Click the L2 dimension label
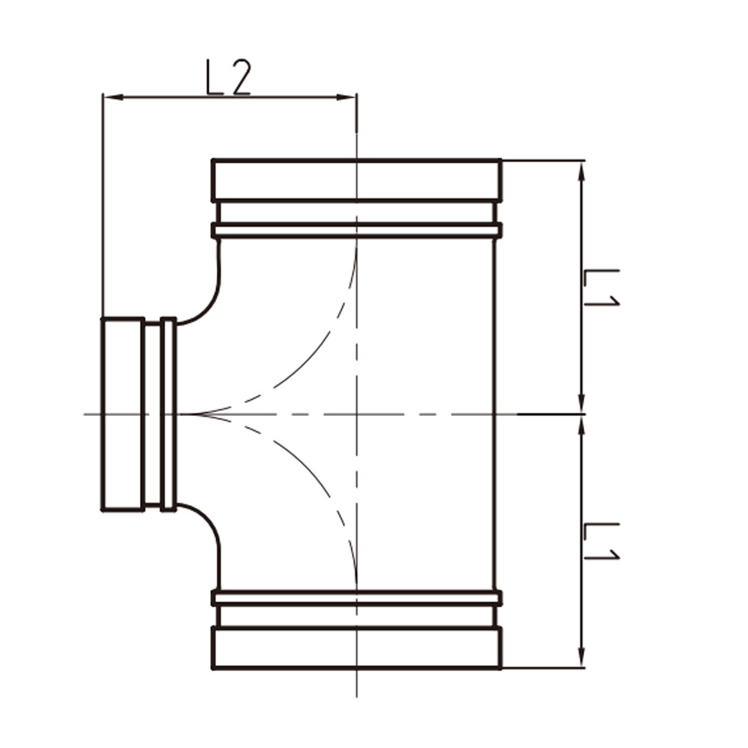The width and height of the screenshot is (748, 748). click(x=227, y=77)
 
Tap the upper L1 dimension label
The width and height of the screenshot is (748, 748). click(x=601, y=288)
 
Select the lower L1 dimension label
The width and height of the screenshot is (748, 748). click(x=601, y=541)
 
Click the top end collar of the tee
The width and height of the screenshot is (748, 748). click(x=356, y=180)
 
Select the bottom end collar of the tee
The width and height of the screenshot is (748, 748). click(x=356, y=648)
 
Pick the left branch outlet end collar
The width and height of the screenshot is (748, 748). click(x=123, y=414)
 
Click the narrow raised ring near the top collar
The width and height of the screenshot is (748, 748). click(x=356, y=230)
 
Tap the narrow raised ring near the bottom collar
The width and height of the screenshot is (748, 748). click(x=356, y=598)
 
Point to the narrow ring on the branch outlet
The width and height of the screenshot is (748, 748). click(x=168, y=414)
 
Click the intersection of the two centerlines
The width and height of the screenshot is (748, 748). click(x=357, y=414)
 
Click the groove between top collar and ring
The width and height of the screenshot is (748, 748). click(x=356, y=212)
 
